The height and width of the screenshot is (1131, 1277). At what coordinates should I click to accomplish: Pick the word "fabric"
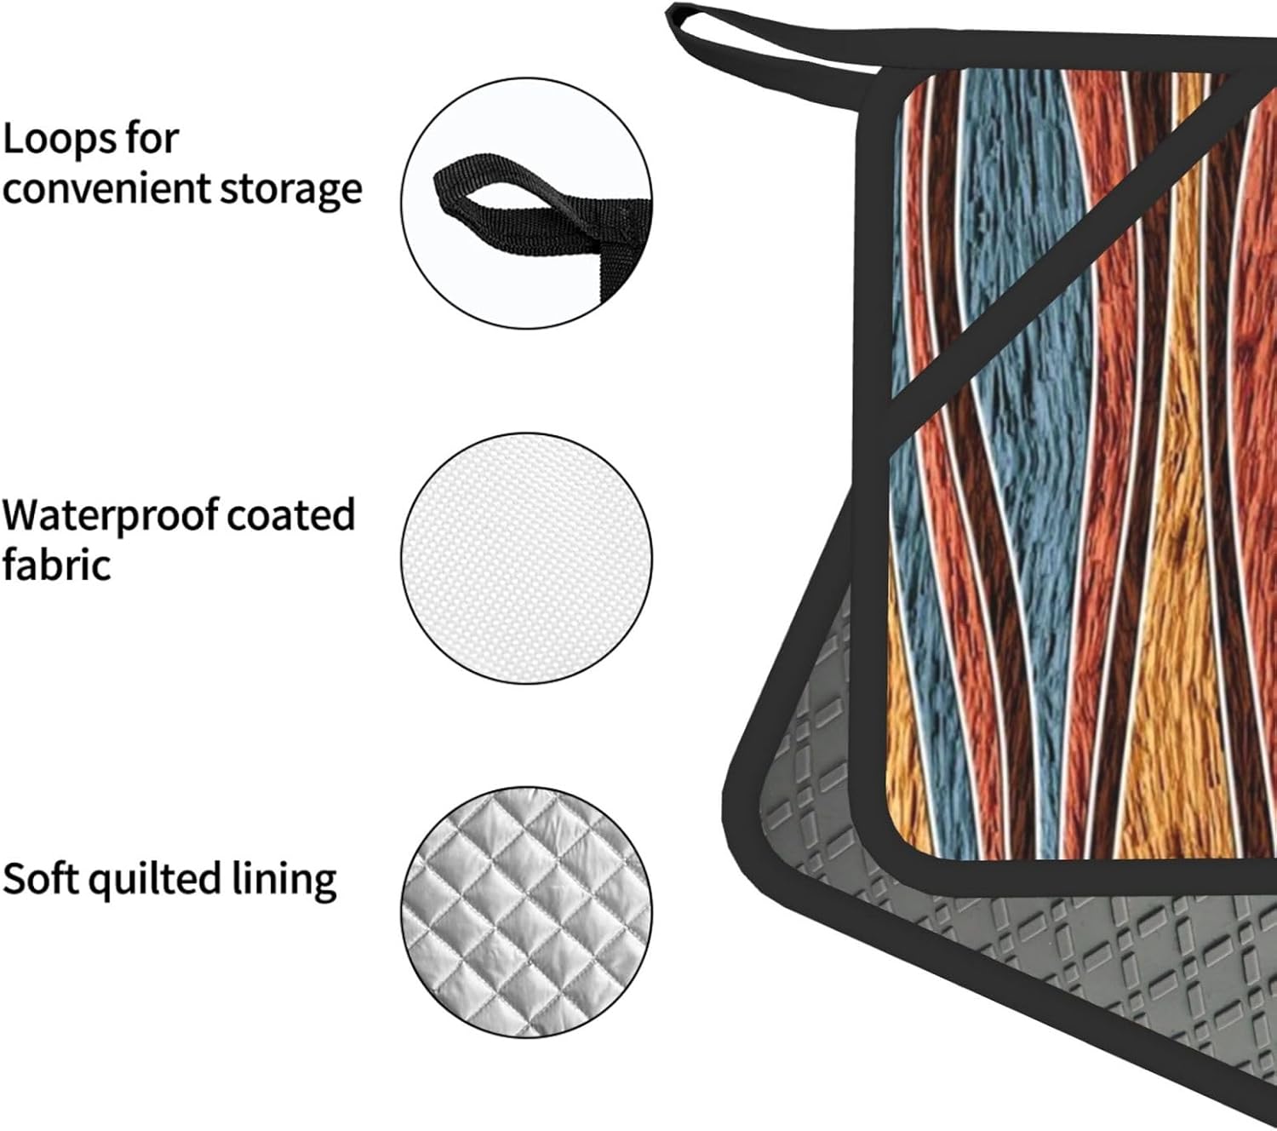click(x=56, y=565)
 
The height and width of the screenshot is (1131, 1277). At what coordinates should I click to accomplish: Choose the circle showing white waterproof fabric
click(x=527, y=558)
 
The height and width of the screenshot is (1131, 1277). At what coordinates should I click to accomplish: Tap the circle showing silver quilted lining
click(x=527, y=912)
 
